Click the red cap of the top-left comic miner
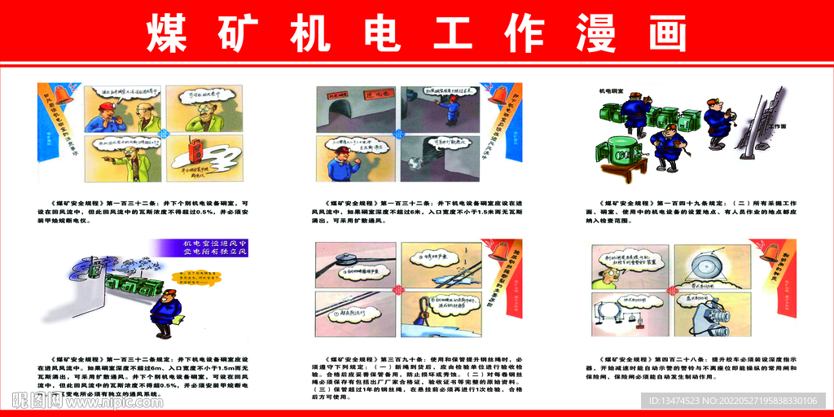click(105, 107)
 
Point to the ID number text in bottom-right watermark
click(740, 401)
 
